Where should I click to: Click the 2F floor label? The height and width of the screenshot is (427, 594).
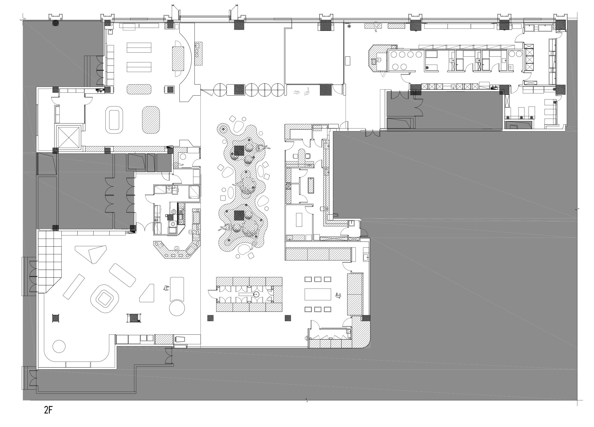click(x=48, y=410)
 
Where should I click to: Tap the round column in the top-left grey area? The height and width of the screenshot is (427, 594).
click(x=56, y=23)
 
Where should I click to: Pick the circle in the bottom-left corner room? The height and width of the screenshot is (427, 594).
click(x=59, y=346)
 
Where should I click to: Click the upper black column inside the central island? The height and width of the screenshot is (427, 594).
click(x=239, y=151)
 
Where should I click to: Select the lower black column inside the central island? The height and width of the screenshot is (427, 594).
click(x=239, y=215)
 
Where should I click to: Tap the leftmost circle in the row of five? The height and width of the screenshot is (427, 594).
click(x=220, y=90)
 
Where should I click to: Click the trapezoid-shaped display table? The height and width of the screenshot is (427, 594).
click(x=147, y=294)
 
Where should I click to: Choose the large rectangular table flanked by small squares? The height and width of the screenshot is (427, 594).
click(x=318, y=294)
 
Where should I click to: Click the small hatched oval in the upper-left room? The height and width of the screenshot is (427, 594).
click(x=139, y=89)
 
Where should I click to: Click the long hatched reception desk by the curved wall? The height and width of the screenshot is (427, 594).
click(x=178, y=58)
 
